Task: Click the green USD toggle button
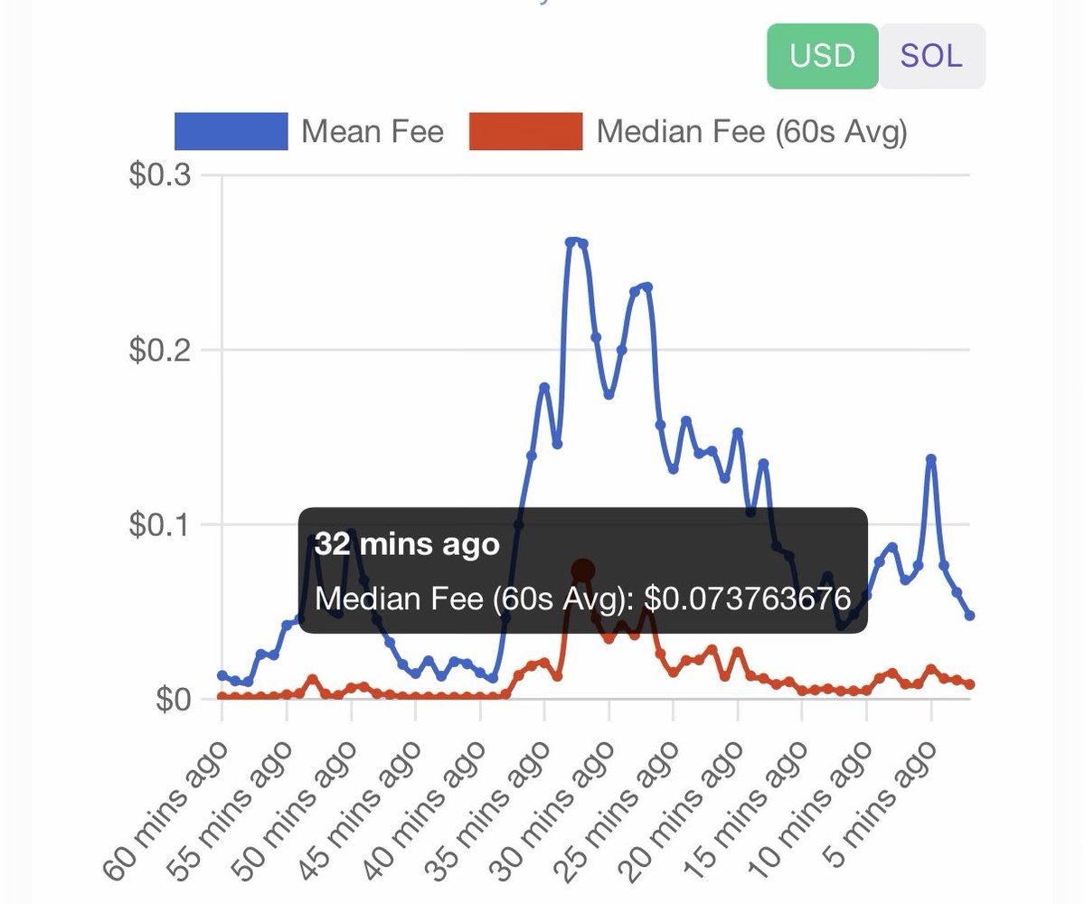[822, 56]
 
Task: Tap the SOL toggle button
[931, 56]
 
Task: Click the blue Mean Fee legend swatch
[231, 132]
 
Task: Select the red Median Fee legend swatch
[526, 132]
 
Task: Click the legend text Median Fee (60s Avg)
[751, 132]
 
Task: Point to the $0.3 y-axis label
[159, 174]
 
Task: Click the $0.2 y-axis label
[159, 350]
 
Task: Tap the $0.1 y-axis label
[159, 524]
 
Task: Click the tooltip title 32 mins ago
[407, 545]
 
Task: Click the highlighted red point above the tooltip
[583, 570]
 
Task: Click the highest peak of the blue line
[573, 241]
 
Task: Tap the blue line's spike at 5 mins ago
[931, 459]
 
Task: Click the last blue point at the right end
[970, 616]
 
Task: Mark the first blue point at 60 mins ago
[222, 675]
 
